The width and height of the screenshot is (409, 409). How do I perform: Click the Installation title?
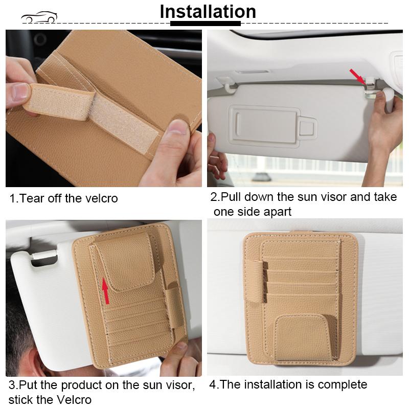(x=208, y=11)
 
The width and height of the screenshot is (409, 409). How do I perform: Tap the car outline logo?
(x=39, y=18)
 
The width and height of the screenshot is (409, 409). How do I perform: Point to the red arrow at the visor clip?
(x=356, y=76)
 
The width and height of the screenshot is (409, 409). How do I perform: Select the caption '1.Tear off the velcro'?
(x=63, y=198)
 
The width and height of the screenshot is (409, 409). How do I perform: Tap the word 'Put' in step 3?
(x=28, y=385)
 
